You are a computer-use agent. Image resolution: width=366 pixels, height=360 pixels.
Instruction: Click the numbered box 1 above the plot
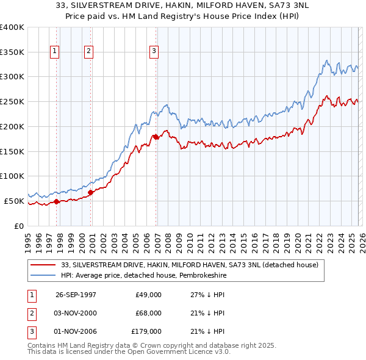[56, 52]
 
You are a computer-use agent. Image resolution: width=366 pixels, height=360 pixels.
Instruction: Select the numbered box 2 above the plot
[89, 52]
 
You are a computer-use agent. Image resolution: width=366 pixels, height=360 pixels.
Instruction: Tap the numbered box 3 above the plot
[154, 52]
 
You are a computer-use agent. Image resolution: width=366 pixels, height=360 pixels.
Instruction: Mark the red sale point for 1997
[57, 201]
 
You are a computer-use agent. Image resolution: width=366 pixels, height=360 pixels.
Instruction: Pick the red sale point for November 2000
[90, 192]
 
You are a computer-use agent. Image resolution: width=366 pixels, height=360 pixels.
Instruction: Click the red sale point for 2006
[156, 137]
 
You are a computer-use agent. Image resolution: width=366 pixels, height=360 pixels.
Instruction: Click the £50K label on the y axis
[14, 201]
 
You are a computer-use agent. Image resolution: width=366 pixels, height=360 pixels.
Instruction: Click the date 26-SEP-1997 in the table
[76, 294]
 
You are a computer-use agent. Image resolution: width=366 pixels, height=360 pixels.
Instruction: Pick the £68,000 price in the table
[148, 313]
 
